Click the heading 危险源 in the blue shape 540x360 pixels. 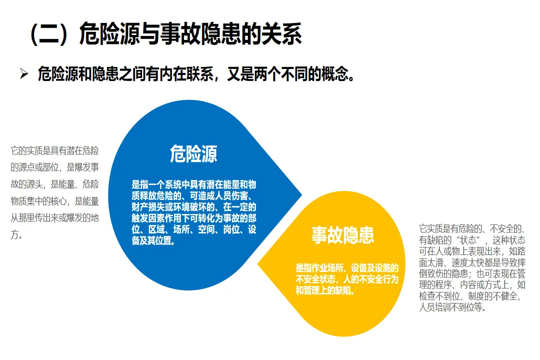coord(193,153)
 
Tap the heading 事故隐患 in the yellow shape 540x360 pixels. coord(342,234)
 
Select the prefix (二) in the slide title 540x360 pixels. coord(47,35)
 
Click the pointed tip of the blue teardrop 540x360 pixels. coord(301,194)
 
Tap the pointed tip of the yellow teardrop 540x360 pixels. coord(258,264)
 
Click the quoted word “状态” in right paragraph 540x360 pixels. coord(470,240)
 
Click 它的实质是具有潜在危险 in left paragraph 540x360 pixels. coord(54,150)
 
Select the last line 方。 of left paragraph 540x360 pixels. coord(16,235)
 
